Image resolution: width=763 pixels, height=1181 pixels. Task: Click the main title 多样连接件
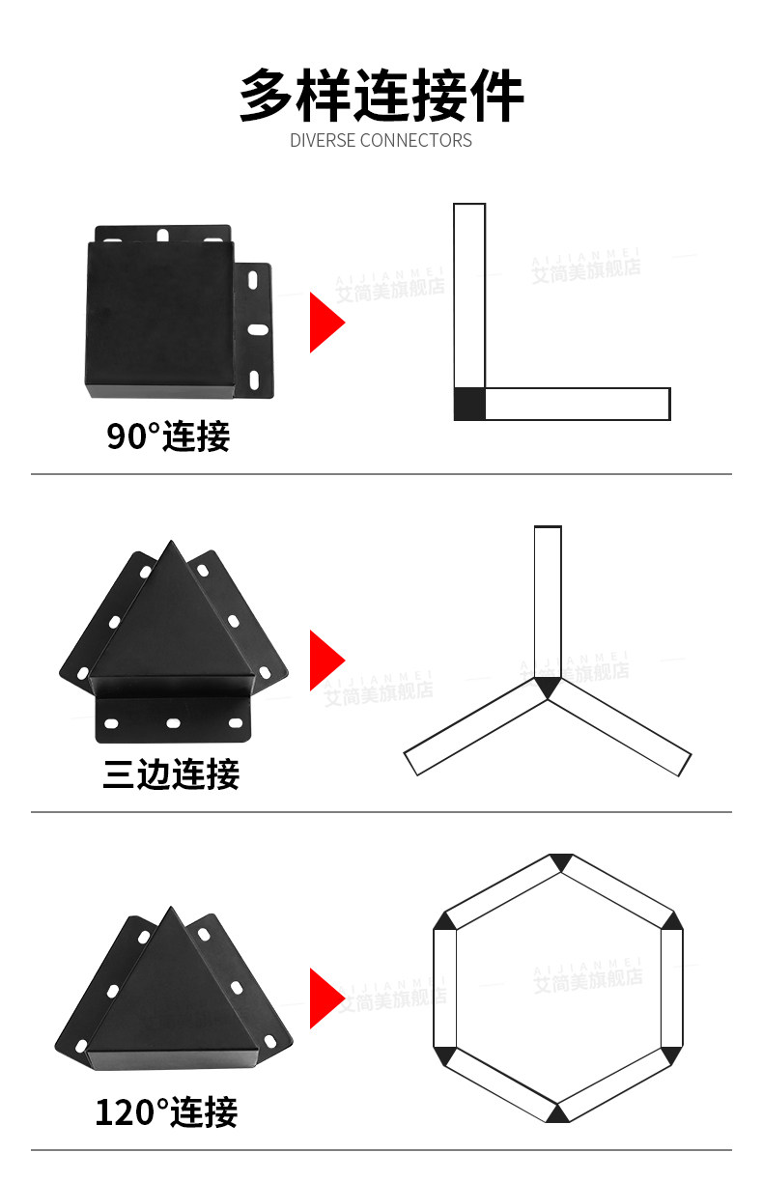click(x=381, y=95)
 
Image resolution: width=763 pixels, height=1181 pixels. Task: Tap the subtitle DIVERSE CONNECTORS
click(x=381, y=141)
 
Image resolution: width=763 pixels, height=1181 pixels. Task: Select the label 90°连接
click(x=168, y=436)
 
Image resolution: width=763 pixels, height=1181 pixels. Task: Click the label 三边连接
click(x=171, y=773)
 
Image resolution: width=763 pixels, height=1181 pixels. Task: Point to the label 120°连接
click(x=166, y=1112)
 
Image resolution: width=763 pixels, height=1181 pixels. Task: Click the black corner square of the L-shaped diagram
click(x=469, y=404)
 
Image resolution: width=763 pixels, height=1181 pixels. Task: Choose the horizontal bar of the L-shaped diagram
click(x=577, y=404)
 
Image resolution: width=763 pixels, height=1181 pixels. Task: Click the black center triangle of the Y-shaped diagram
click(x=548, y=687)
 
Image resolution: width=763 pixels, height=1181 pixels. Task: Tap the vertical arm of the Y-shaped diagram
click(x=548, y=599)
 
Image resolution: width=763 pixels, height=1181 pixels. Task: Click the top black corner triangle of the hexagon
click(x=558, y=862)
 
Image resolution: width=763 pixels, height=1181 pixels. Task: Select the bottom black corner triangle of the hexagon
click(x=557, y=1111)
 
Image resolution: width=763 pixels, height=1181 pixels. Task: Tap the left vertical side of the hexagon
click(x=444, y=987)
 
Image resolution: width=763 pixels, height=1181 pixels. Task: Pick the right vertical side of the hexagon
click(x=671, y=987)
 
